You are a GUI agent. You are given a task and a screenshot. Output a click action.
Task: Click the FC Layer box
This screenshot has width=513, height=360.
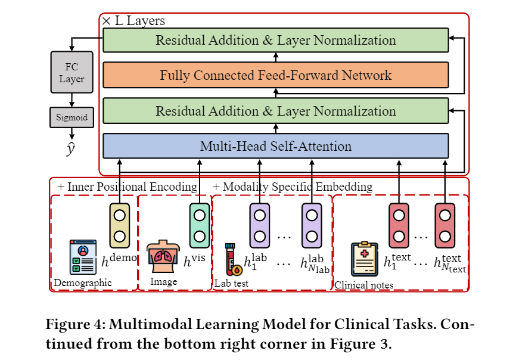coord(71,73)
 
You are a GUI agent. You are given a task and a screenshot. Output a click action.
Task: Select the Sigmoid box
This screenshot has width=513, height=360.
coord(71,117)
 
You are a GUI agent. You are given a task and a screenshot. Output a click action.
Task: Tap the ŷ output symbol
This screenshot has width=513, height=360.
coord(71,148)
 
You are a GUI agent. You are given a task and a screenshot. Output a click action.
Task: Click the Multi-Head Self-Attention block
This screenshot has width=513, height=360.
coord(275,146)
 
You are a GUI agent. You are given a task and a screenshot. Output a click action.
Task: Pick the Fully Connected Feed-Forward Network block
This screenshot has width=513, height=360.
coord(275,75)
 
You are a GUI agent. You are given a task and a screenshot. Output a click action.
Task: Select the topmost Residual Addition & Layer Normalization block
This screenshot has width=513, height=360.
coord(275,41)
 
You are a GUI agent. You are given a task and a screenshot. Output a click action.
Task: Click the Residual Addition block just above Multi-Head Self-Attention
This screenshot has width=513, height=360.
coord(275,111)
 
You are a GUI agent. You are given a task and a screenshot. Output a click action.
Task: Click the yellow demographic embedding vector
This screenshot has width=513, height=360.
coord(119,225)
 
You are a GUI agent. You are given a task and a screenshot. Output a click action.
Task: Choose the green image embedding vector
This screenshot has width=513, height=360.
coord(199,225)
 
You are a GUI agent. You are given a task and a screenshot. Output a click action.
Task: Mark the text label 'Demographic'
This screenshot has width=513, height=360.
coord(83,283)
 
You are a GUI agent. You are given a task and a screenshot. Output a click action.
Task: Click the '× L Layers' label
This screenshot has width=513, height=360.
coord(133,21)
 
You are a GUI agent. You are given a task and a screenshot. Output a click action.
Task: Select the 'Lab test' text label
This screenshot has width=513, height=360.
coord(231,283)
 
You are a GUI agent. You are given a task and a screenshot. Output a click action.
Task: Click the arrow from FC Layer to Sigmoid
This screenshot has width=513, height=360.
coord(71,101)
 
